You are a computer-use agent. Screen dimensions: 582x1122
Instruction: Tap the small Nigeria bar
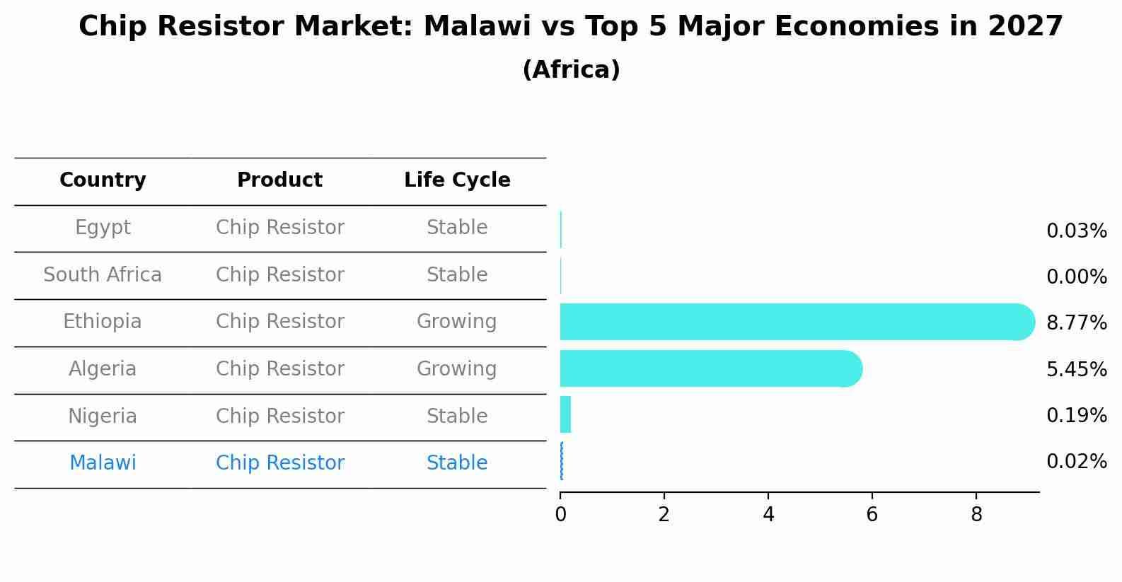coord(565,414)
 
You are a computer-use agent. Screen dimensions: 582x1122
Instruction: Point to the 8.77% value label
coord(1076,323)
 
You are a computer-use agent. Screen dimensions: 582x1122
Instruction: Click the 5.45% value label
coord(1076,369)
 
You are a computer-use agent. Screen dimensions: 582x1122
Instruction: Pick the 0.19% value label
coord(1076,416)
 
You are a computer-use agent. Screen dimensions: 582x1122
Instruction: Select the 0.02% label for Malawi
coord(1076,462)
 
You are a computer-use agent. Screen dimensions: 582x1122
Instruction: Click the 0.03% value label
coord(1076,231)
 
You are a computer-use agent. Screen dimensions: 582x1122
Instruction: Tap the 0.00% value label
coord(1076,277)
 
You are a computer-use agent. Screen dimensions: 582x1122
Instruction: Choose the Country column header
coord(103,180)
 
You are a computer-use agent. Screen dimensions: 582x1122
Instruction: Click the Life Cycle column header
coord(457,180)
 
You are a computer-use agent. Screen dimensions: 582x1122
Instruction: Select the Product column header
coord(279,180)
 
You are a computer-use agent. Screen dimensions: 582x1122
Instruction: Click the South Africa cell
coord(103,275)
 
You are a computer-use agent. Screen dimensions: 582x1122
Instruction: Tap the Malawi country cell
coord(103,463)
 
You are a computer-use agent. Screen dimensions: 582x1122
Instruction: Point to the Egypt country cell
coord(103,228)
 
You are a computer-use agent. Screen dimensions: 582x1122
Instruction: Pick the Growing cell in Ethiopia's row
coord(456,322)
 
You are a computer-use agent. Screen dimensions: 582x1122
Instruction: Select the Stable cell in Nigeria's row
coord(457,417)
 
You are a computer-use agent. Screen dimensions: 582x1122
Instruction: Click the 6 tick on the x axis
coord(872,515)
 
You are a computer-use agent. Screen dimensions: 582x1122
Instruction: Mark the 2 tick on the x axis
coord(664,515)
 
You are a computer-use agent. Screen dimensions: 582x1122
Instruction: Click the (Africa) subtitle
coord(571,70)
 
